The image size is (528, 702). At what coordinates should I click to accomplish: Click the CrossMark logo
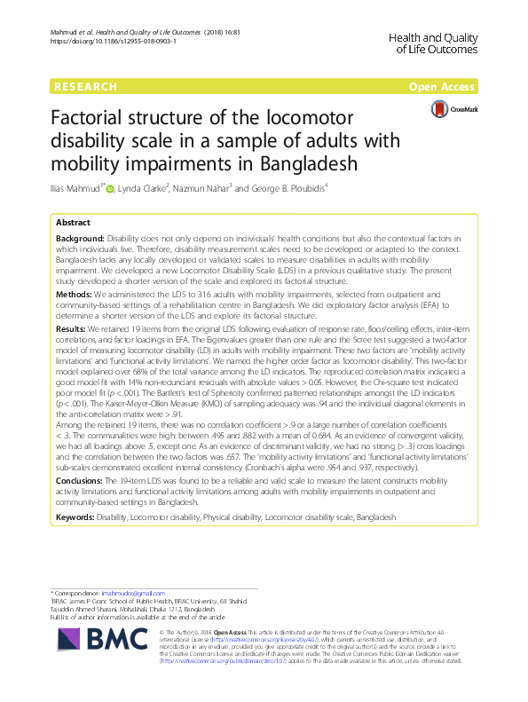click(x=454, y=109)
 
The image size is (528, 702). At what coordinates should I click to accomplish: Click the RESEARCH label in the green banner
click(x=86, y=87)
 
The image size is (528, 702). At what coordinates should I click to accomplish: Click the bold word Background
click(x=80, y=240)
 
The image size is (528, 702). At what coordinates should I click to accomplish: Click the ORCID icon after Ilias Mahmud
click(x=134, y=187)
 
